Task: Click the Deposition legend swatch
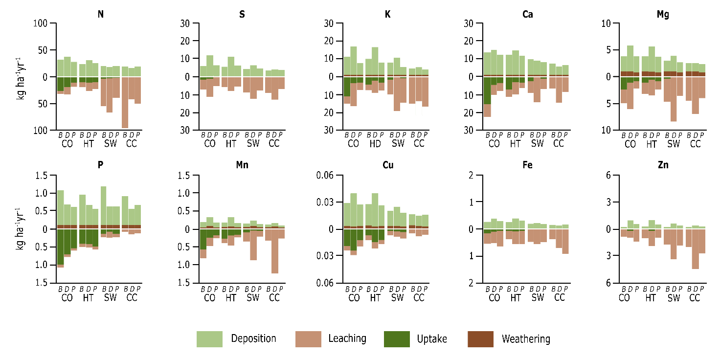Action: pyautogui.click(x=209, y=339)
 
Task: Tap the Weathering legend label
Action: pyautogui.click(x=526, y=339)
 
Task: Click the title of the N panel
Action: pyautogui.click(x=101, y=14)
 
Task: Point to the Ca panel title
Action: pyautogui.click(x=527, y=14)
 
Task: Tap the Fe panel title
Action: pyautogui.click(x=527, y=165)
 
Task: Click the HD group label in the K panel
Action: pyautogui.click(x=375, y=144)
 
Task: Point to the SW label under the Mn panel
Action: pyautogui.click(x=252, y=297)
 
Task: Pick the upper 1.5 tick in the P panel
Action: pyautogui.click(x=42, y=175)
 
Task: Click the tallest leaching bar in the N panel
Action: pyautogui.click(x=125, y=102)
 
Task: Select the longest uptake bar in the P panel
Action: pyautogui.click(x=60, y=247)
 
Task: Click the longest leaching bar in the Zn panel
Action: pyautogui.click(x=695, y=249)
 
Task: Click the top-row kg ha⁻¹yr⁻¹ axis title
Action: pyautogui.click(x=20, y=76)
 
